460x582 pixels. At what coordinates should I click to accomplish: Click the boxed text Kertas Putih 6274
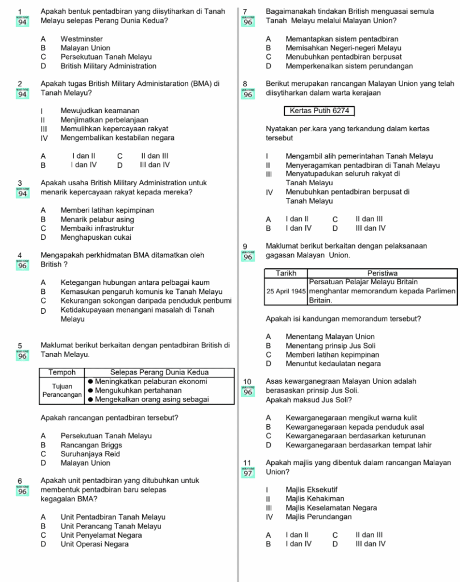coord(319,111)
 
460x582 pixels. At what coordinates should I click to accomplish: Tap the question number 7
coord(245,11)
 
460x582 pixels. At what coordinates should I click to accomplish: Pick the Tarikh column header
coord(286,273)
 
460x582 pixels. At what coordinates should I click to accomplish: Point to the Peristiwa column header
coord(382,273)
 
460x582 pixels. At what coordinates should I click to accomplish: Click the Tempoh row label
coord(62,372)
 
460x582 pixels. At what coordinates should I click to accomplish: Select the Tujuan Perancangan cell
coord(62,390)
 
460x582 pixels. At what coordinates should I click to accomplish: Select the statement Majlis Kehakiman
coord(314,498)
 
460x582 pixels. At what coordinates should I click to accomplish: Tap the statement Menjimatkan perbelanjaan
coord(104,119)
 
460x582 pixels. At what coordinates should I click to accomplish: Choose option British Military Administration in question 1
coord(108,66)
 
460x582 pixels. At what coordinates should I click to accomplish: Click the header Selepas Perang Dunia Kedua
coord(159,372)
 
